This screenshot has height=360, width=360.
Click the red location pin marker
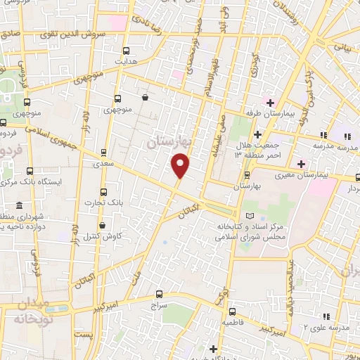point(181,166)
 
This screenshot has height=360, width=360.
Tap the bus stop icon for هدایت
point(127,51)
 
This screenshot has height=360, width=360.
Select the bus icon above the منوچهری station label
point(117,99)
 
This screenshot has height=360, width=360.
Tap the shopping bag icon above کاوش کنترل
point(103,225)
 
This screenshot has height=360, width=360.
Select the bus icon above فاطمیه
point(233,310)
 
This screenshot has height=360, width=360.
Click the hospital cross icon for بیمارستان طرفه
point(270,103)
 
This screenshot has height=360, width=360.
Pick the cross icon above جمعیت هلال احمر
point(258,134)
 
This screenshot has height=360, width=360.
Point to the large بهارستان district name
point(169,142)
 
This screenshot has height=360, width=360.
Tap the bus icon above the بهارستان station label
point(246,175)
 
